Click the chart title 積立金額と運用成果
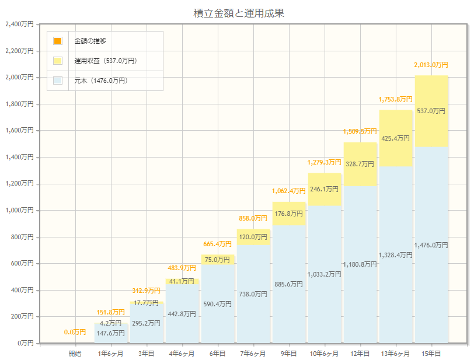pos(239,13)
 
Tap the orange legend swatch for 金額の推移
pos(58,41)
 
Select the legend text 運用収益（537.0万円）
pos(106,61)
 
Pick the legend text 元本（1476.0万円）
pos(101,81)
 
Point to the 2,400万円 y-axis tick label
pos(19,25)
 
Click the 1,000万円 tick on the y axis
pos(19,211)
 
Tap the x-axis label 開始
pos(75,354)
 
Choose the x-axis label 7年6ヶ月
pos(253,354)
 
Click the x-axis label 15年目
pos(431,354)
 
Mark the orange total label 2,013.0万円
pos(431,65)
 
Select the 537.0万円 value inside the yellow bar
pos(431,111)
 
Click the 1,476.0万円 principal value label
pos(431,246)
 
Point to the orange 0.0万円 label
pos(75,332)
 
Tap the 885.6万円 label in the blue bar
pos(288,284)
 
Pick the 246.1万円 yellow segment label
pos(324,189)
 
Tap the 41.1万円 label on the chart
pos(182,281)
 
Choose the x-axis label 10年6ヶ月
pos(324,354)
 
